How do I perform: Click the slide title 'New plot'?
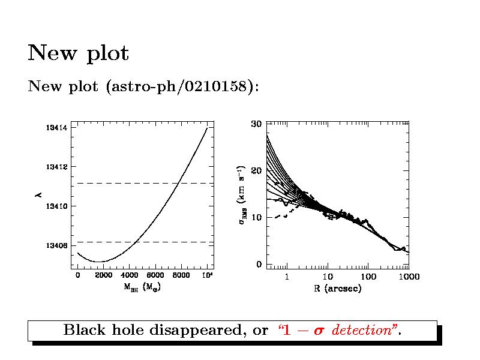(x=78, y=53)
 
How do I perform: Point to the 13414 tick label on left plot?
(x=56, y=128)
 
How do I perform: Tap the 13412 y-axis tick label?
(x=56, y=167)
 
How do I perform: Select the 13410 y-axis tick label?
(x=56, y=206)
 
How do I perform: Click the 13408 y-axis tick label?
(x=56, y=245)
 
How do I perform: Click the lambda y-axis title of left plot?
(x=37, y=195)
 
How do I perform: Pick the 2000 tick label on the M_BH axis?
(x=104, y=275)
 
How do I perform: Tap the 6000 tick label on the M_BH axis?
(x=155, y=275)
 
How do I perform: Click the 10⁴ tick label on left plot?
(x=206, y=275)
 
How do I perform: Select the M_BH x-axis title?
(x=142, y=287)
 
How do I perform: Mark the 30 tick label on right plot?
(x=256, y=124)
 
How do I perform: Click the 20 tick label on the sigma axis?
(x=256, y=171)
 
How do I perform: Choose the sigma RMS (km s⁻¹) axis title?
(x=241, y=195)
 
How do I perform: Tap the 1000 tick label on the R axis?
(x=408, y=277)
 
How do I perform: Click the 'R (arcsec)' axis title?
(x=337, y=289)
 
